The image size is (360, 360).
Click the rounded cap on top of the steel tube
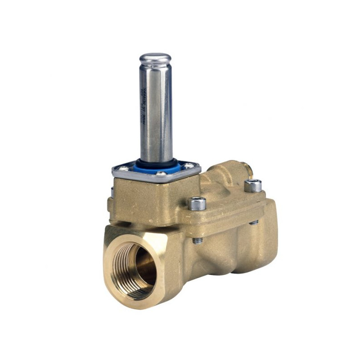tap(155, 59)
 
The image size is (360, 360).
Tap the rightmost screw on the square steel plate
tap(189, 166)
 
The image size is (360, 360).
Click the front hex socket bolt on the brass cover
tap(197, 203)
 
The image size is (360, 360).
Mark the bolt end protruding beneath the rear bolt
tap(254, 222)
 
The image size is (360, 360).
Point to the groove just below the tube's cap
tap(155, 67)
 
